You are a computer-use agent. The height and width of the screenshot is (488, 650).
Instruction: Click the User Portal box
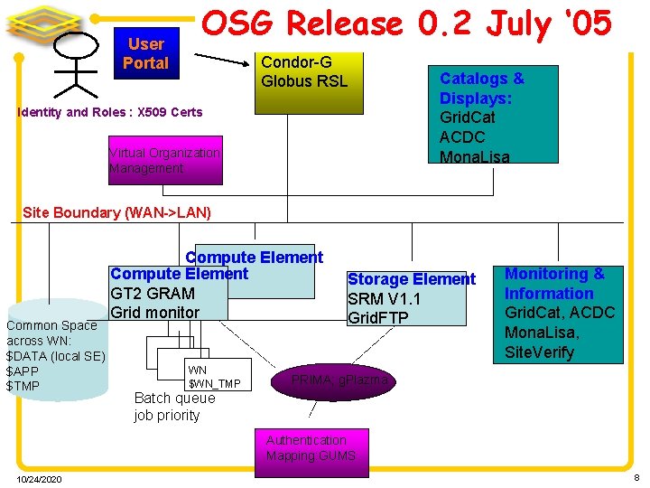click(x=145, y=54)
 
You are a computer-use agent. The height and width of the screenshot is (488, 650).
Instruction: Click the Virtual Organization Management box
click(x=164, y=160)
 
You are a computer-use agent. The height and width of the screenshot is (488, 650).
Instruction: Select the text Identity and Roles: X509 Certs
click(x=110, y=112)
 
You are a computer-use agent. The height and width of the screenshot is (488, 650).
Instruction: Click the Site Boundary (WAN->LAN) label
click(x=116, y=212)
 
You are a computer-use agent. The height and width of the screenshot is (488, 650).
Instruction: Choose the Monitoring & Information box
click(x=558, y=313)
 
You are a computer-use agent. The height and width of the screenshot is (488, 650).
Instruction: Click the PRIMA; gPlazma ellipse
click(x=339, y=381)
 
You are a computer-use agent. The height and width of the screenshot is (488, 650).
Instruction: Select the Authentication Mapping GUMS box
click(x=311, y=448)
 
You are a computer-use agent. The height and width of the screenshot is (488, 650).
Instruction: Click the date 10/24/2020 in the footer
click(x=39, y=479)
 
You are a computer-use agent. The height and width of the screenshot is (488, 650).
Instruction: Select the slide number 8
click(x=636, y=477)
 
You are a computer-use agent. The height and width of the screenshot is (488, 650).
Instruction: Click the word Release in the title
click(x=338, y=25)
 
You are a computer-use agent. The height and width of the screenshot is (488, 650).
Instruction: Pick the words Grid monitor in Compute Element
click(x=154, y=313)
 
